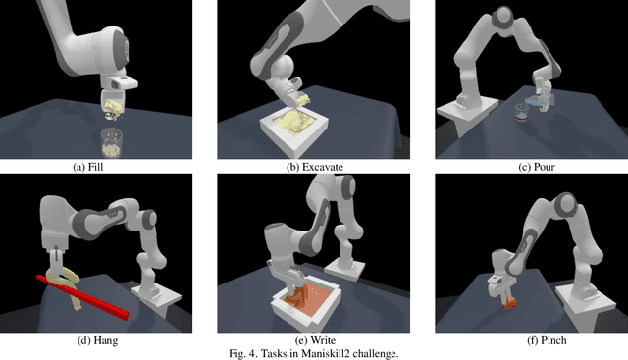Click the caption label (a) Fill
click(87, 167)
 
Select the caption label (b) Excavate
click(315, 167)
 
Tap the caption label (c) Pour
click(537, 167)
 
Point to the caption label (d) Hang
click(97, 340)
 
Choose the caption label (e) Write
click(315, 340)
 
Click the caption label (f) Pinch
click(548, 340)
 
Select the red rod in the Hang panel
click(82, 297)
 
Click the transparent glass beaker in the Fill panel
click(111, 142)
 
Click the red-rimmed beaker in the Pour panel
click(522, 113)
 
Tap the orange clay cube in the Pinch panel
click(510, 303)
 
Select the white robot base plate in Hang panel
click(157, 299)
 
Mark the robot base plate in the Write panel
click(344, 269)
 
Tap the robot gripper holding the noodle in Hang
click(56, 260)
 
